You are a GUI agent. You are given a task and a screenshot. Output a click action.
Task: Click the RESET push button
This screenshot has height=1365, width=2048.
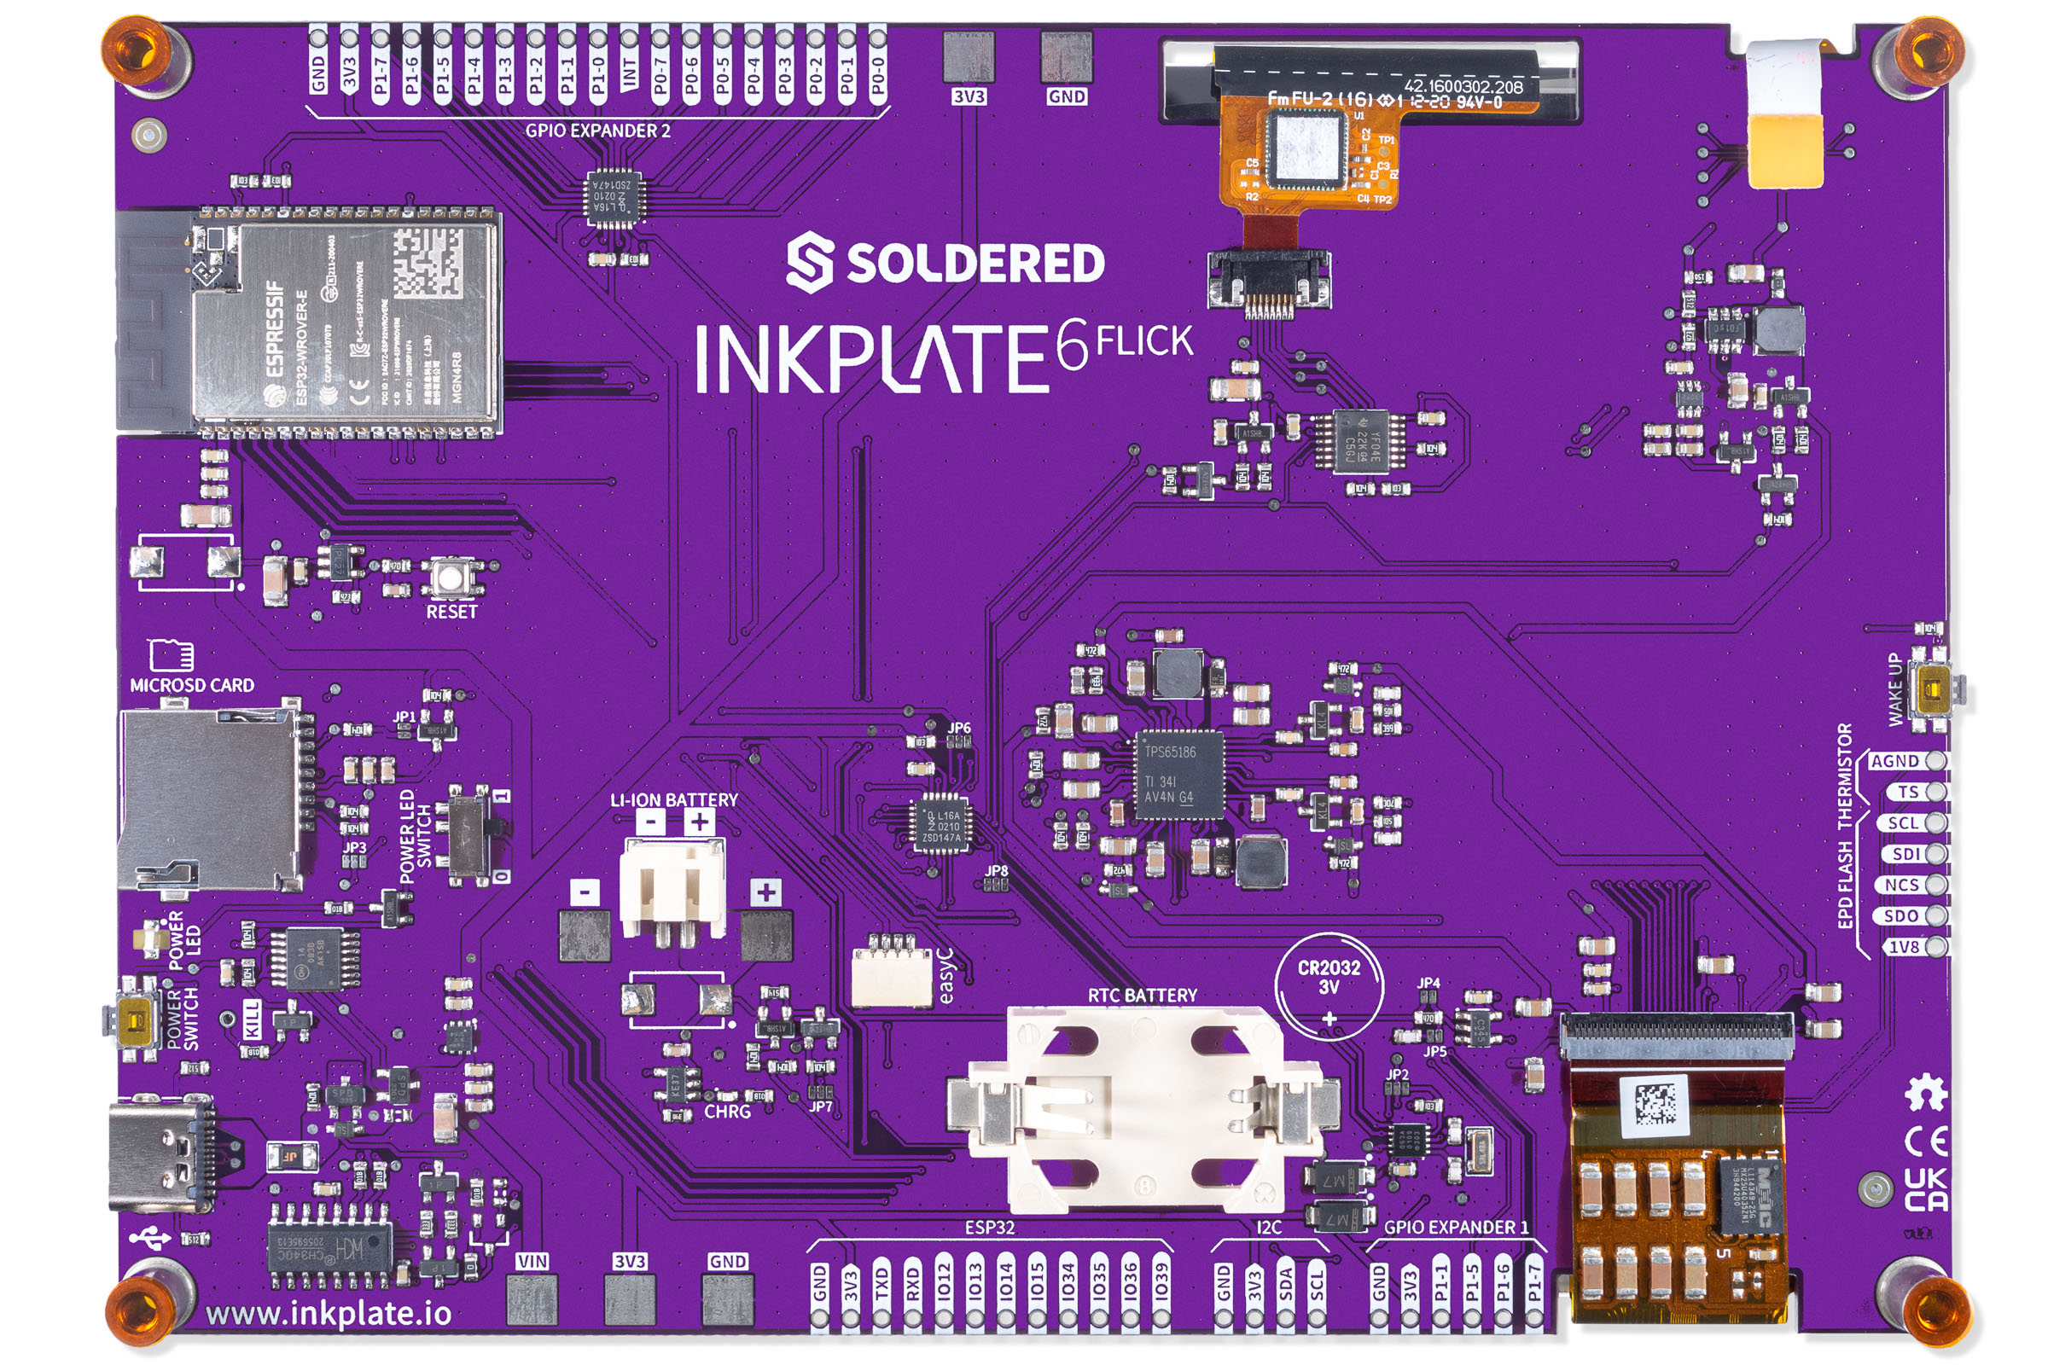[451, 578]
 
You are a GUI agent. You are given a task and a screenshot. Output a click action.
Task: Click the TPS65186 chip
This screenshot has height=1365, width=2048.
[1178, 774]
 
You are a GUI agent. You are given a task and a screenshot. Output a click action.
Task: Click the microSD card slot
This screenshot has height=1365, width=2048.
[209, 800]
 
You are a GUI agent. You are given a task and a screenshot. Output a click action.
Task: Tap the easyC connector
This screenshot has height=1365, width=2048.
[892, 974]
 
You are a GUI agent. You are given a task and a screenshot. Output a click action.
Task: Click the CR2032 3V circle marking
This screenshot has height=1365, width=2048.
[1329, 986]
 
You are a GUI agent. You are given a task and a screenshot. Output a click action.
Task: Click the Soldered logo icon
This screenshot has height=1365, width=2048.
[809, 262]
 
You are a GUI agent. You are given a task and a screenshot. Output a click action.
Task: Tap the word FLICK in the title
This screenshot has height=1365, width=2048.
[1143, 341]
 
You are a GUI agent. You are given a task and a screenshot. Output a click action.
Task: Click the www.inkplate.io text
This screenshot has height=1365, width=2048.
[329, 1312]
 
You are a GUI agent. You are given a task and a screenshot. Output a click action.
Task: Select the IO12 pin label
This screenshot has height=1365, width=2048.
[944, 1282]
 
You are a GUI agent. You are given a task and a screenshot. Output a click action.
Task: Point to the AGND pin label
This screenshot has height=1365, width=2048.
[1894, 761]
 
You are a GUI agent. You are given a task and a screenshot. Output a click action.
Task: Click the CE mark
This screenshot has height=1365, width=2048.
[1926, 1141]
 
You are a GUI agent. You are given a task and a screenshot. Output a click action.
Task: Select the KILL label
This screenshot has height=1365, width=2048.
[251, 1019]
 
